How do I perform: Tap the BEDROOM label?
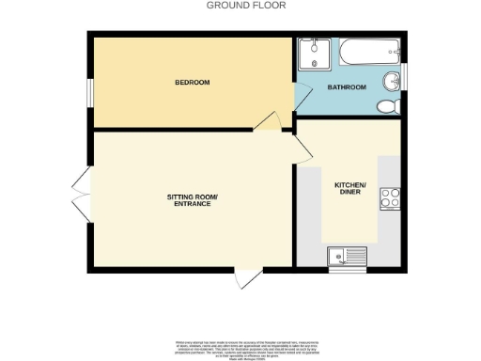point(191,82)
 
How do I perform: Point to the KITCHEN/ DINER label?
point(349,188)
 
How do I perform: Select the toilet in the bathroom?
point(385,105)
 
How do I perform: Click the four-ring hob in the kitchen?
point(390,198)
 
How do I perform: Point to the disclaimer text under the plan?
point(240,345)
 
